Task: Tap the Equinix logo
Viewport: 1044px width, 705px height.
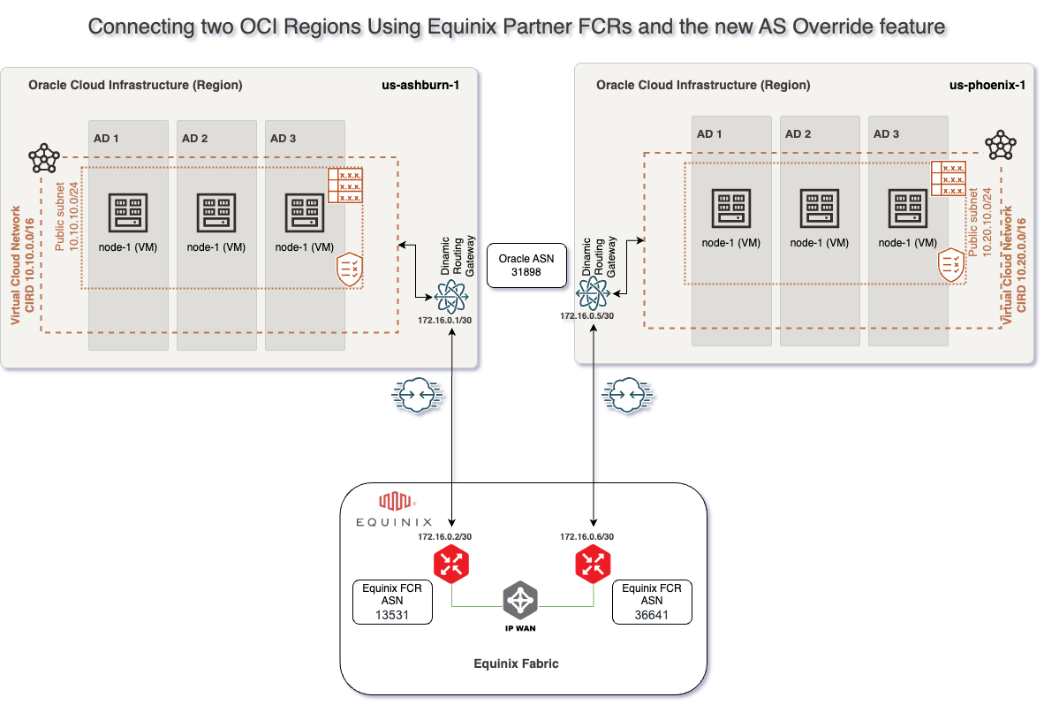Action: pos(385,510)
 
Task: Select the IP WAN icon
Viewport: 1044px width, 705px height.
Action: pos(520,602)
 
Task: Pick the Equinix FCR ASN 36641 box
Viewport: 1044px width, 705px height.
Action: pos(652,602)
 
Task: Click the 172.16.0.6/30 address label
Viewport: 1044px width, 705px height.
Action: pos(586,536)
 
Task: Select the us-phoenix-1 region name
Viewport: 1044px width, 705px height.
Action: pos(987,86)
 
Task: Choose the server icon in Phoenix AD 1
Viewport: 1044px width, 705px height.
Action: pos(731,209)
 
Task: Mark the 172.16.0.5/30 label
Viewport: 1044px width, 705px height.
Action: pos(586,315)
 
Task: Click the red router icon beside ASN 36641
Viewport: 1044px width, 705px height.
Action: pos(592,565)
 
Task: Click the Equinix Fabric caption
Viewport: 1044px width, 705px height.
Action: pos(516,663)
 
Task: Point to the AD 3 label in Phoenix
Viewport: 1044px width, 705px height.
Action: pos(886,134)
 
